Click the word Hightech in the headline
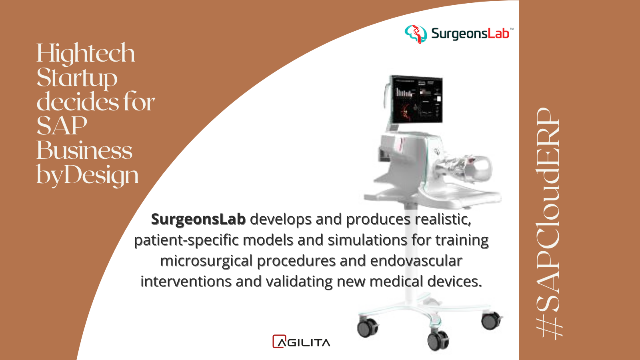86,54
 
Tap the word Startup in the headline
77,78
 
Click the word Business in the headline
84,150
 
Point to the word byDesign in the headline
88,175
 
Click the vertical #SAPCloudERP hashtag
548,224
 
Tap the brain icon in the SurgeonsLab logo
416,34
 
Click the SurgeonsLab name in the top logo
470,34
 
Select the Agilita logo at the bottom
301,342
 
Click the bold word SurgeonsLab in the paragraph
198,220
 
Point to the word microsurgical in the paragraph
206,261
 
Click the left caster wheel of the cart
368,328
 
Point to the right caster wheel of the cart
491,320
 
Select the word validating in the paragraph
299,282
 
